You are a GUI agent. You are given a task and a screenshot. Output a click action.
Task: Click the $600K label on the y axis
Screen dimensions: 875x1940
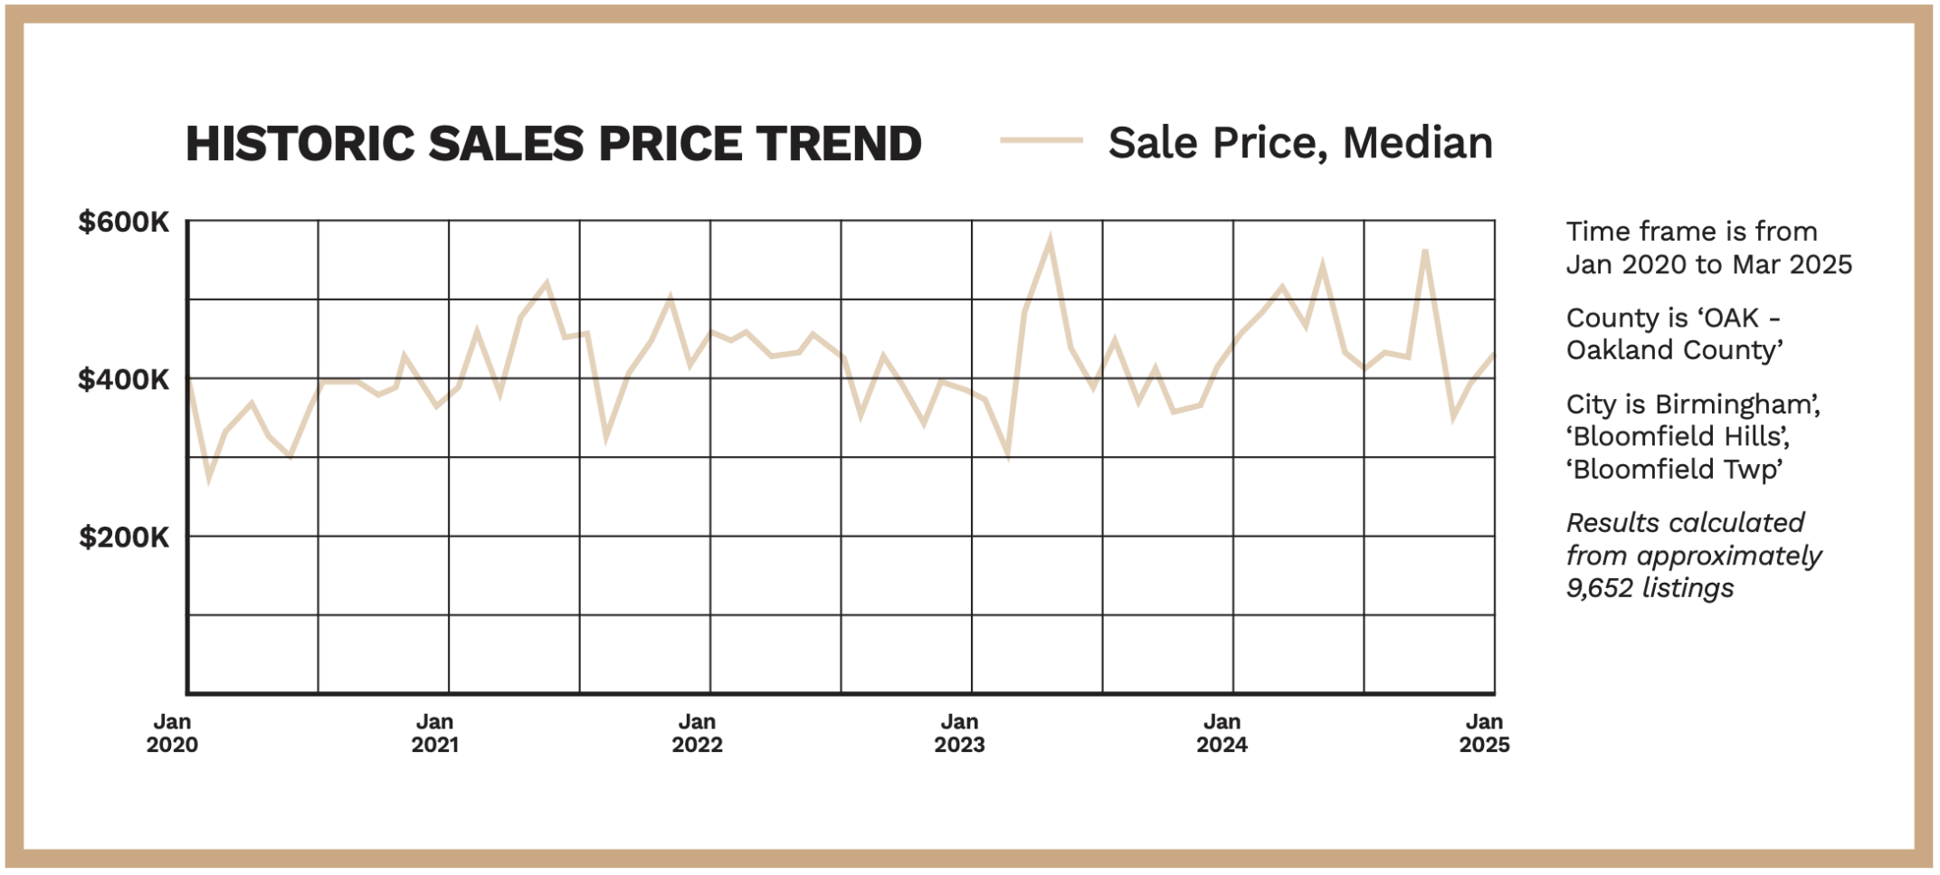point(123,223)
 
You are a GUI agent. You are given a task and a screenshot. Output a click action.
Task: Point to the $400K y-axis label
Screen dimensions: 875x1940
point(123,380)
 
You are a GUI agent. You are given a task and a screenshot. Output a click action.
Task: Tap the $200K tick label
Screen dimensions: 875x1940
point(123,538)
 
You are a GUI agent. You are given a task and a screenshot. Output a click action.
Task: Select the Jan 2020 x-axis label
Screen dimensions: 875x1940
point(172,733)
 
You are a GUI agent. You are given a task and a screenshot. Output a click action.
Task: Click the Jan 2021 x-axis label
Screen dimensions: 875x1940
point(434,733)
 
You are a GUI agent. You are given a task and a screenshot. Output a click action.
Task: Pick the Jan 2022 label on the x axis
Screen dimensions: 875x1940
point(697,733)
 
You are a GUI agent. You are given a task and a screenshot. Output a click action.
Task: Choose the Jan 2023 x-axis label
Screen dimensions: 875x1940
point(959,733)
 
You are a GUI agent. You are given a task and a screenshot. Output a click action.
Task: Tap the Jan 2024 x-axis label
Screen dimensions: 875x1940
point(1222,733)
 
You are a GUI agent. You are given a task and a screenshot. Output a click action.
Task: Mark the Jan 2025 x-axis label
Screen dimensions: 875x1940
point(1484,733)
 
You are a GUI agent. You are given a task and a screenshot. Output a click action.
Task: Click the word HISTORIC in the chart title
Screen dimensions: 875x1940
point(298,144)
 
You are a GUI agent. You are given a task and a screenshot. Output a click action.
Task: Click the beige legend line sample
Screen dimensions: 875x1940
point(1041,140)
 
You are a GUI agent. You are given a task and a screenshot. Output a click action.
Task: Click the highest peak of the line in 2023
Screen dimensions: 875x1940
point(1050,240)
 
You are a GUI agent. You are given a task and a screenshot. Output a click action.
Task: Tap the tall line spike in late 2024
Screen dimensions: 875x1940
point(1425,251)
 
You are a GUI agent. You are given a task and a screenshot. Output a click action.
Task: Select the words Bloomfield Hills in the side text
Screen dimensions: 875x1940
point(1679,437)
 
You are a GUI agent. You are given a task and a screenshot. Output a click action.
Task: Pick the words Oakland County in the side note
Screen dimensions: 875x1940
point(1673,350)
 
